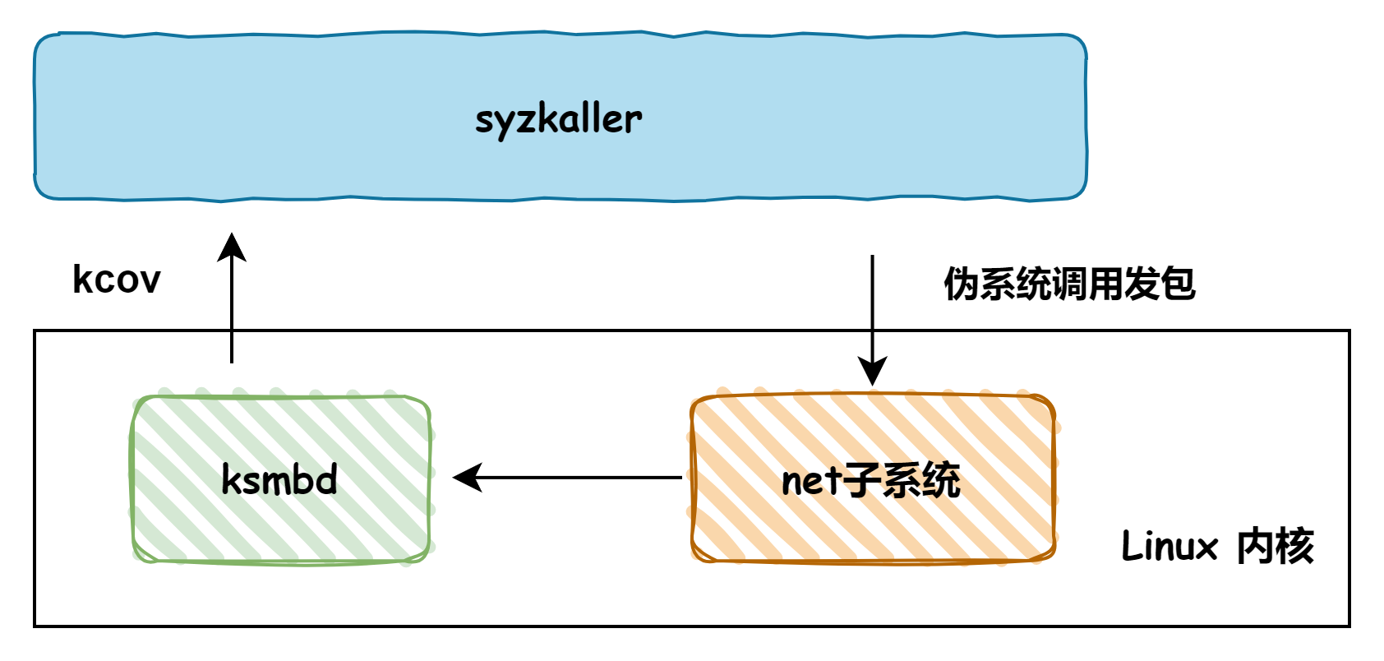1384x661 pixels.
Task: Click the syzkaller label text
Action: point(558,119)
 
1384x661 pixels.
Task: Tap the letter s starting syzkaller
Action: point(484,121)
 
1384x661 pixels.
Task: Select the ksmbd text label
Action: point(279,479)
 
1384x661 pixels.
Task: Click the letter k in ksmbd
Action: point(230,479)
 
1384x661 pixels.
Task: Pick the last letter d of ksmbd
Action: point(327,479)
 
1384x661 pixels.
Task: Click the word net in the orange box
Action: point(811,481)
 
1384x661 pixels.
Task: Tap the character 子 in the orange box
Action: point(860,480)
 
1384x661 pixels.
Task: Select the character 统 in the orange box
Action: point(940,480)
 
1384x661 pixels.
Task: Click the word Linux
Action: point(1169,547)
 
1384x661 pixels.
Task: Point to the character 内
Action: point(1254,547)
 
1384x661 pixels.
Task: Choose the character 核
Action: point(1295,547)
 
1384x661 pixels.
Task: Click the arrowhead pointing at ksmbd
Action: point(465,478)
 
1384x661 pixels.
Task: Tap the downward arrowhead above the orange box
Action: point(872,372)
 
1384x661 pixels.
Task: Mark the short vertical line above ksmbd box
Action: point(232,347)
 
